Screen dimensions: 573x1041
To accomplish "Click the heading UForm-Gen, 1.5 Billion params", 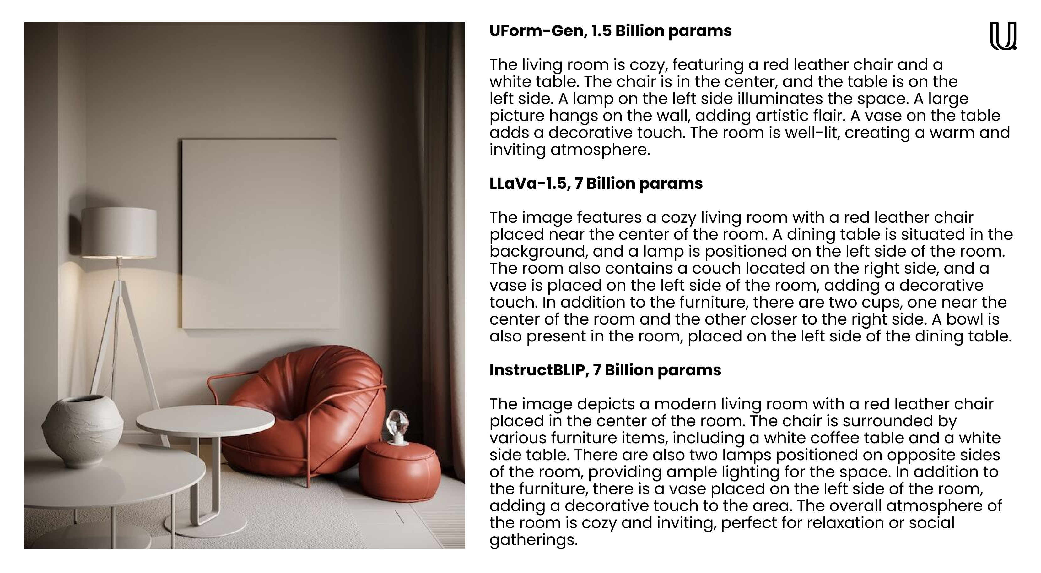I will (x=610, y=31).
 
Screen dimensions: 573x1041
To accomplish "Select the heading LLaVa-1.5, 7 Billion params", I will (x=596, y=183).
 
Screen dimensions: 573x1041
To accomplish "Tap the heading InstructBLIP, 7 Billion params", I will (x=605, y=370).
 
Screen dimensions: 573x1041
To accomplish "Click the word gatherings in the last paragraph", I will (x=533, y=540).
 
